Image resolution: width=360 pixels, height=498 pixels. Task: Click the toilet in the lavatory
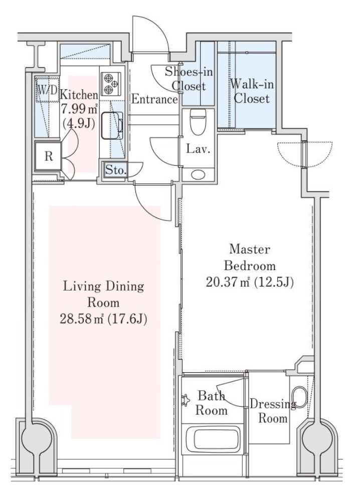point(198,122)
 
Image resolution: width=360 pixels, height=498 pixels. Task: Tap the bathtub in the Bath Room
point(213,439)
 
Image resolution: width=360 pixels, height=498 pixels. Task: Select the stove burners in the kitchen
point(111,84)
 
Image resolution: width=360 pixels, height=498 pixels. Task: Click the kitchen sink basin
point(112,125)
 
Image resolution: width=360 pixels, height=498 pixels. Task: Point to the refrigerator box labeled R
point(48,156)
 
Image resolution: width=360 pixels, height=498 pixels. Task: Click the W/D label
point(47,90)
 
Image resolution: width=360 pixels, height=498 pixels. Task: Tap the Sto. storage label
point(115,170)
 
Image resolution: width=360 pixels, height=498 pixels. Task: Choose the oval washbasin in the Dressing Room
point(299,397)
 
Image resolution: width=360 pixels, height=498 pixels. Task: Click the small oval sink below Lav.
point(198,174)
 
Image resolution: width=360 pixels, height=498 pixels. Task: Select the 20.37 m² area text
point(228,282)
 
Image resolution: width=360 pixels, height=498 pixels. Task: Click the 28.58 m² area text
point(82,319)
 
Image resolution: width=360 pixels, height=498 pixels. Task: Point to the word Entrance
point(154,99)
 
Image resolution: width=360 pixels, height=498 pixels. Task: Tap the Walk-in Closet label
point(252,91)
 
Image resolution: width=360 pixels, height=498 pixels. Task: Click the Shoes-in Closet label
point(189,79)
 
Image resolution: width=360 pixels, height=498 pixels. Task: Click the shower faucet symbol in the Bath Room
point(185,400)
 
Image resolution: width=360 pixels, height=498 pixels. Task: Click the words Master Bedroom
point(250,257)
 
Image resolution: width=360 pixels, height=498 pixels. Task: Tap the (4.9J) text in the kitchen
point(79,123)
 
